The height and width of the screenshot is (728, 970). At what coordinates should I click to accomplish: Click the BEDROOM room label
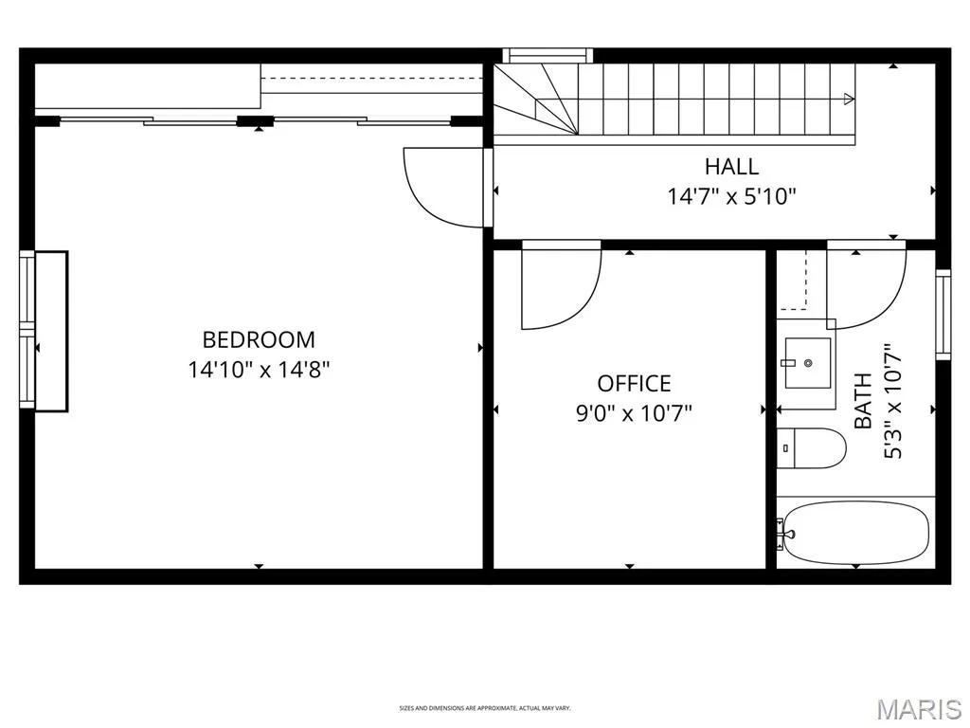tap(259, 339)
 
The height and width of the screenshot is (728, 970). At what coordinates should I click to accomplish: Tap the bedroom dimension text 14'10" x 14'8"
tap(259, 370)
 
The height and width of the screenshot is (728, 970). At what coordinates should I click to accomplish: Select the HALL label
tap(731, 167)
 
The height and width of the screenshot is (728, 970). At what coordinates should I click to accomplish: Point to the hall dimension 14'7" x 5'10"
tap(731, 196)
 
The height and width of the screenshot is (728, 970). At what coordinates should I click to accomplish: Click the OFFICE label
tap(634, 384)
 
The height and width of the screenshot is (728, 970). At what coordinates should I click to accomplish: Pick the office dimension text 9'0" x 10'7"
tap(634, 412)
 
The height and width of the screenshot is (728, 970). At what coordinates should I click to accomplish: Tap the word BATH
tap(863, 401)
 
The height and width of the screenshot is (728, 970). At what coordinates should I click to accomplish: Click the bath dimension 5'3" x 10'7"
tap(892, 401)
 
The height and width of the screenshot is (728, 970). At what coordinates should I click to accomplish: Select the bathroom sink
tap(808, 363)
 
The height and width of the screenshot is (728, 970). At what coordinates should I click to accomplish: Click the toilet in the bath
tap(812, 448)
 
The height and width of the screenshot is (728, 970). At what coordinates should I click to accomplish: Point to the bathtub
tap(856, 533)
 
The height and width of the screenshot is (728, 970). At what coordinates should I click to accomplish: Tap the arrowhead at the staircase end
tap(850, 99)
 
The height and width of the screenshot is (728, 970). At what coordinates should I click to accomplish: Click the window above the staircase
tap(548, 56)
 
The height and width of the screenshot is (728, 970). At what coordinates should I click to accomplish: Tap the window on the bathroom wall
tap(943, 315)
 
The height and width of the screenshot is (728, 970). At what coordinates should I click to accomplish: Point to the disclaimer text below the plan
tap(485, 707)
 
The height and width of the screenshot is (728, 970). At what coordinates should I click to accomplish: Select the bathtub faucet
tap(784, 533)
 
